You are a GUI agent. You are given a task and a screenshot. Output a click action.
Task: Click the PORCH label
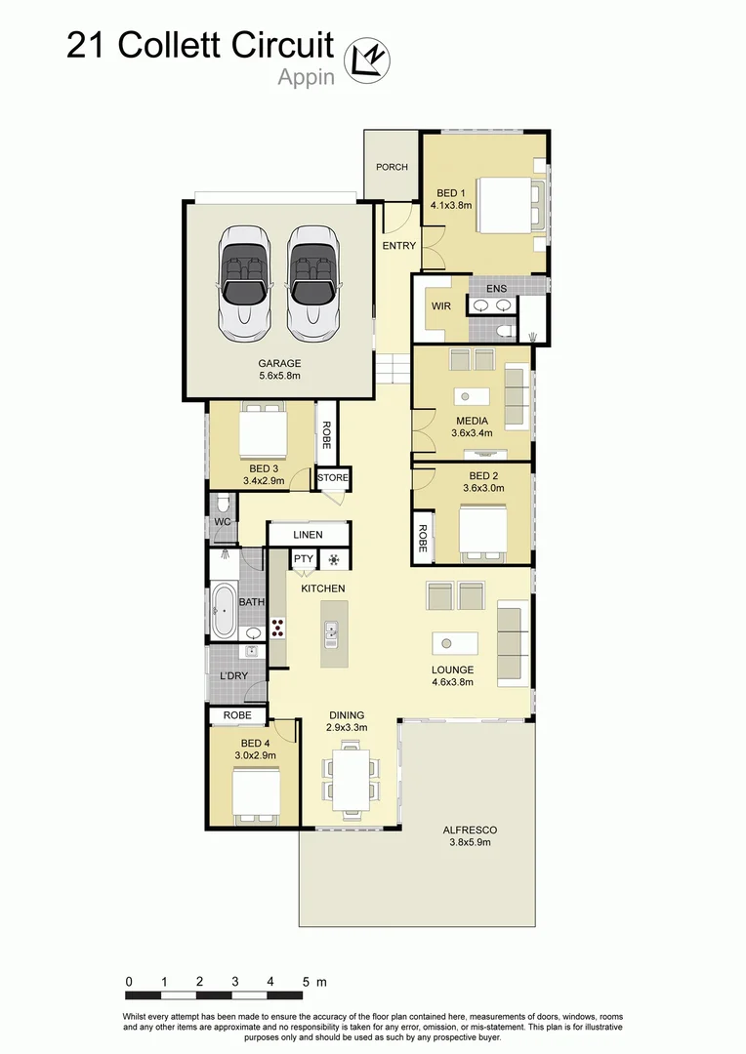click(x=392, y=167)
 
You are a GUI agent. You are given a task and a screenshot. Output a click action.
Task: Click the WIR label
click(x=440, y=306)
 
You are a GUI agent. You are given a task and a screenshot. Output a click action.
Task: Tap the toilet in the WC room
click(x=224, y=504)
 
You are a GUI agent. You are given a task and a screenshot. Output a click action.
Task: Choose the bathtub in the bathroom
click(x=224, y=611)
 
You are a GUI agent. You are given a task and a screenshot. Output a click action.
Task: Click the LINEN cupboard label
click(x=309, y=535)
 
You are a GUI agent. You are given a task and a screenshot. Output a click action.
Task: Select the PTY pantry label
click(x=303, y=559)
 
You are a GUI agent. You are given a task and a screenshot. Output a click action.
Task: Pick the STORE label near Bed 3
click(x=332, y=478)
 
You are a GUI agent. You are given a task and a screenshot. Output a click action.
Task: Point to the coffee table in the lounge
click(x=455, y=644)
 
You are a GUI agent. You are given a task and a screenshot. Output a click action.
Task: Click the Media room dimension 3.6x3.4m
click(x=474, y=432)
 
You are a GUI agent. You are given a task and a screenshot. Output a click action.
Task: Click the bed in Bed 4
click(x=256, y=791)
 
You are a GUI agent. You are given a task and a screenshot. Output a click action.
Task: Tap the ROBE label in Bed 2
click(x=423, y=540)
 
